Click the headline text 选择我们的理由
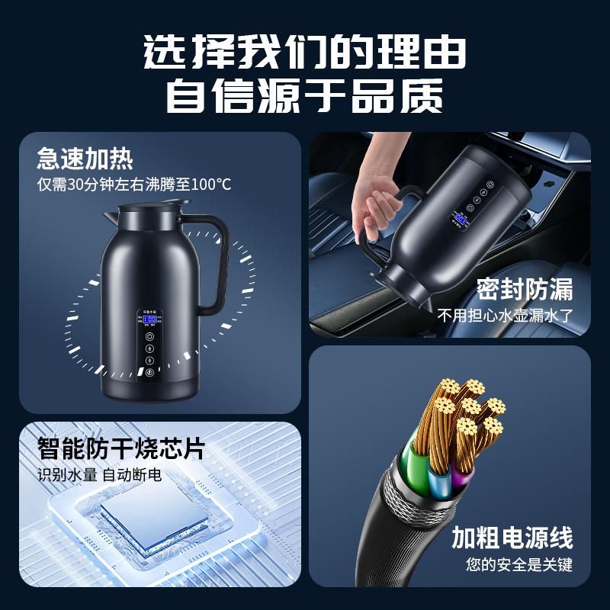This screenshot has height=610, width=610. click(304, 53)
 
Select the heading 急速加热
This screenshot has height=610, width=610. click(85, 159)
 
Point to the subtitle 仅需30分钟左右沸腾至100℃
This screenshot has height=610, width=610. click(134, 185)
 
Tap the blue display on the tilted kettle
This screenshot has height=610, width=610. click(461, 220)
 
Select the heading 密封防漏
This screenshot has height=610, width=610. click(524, 290)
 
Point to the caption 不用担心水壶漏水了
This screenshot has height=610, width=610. click(504, 315)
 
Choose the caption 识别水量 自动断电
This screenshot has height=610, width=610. click(100, 475)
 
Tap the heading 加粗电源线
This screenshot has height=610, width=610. click(512, 538)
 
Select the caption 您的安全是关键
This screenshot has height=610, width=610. click(518, 565)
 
